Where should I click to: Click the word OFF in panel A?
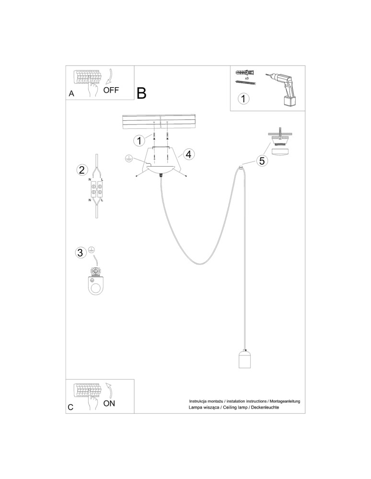tap(111, 90)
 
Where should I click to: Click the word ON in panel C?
tap(109, 403)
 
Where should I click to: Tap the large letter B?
tap(141, 93)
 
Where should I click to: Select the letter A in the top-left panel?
tap(71, 94)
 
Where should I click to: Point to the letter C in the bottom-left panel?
tap(71, 408)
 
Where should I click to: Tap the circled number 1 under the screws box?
tap(244, 99)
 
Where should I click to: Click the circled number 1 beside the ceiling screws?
tap(139, 141)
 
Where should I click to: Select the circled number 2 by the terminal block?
tap(82, 170)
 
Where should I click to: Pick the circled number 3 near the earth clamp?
tap(81, 252)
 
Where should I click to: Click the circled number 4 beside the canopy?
tap(188, 154)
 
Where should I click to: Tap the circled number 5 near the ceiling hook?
tap(262, 161)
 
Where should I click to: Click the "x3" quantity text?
tap(246, 77)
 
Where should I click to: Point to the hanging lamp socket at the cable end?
tap(245, 359)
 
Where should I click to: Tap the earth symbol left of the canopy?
tap(128, 158)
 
